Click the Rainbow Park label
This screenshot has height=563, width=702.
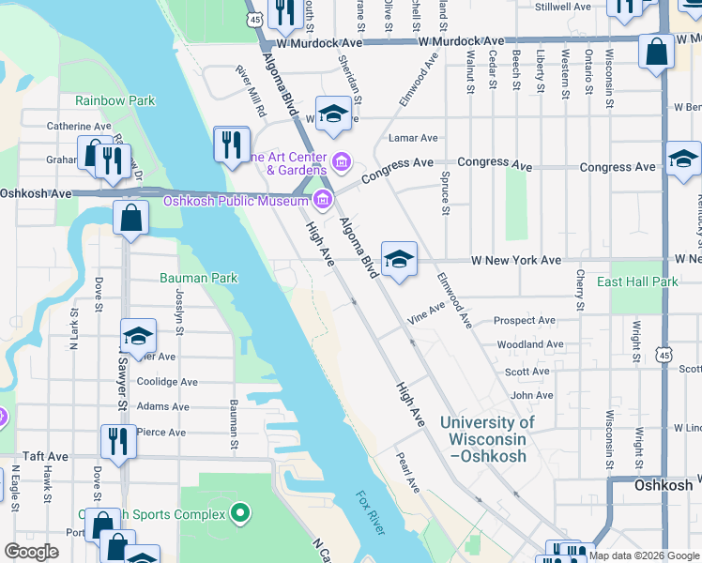(x=114, y=100)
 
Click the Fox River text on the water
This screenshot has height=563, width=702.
(x=370, y=513)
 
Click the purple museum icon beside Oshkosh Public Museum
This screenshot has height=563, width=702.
(x=324, y=198)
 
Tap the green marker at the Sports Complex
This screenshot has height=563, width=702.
(x=240, y=513)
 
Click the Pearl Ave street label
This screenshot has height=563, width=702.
(x=408, y=474)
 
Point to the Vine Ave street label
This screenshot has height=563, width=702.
(x=426, y=313)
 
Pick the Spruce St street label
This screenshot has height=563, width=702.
(x=445, y=191)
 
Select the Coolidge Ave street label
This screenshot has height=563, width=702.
(x=167, y=382)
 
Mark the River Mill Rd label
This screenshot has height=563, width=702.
(x=251, y=91)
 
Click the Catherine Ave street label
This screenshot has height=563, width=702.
(x=80, y=126)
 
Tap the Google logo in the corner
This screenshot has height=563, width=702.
(x=31, y=552)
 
